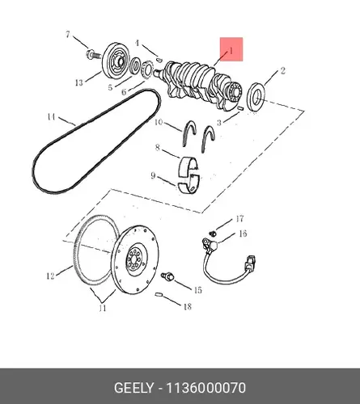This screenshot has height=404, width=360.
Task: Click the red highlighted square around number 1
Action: [231, 49]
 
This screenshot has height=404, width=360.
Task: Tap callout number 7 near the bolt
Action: [68, 35]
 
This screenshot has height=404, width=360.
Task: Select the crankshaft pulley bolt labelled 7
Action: [94, 55]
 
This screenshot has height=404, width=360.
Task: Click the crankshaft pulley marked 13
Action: [114, 61]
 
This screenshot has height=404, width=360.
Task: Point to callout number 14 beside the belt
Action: [51, 117]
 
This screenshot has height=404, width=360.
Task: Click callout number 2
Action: [282, 71]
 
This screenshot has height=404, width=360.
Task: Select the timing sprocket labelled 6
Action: [146, 69]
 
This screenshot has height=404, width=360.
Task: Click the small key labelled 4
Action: [159, 59]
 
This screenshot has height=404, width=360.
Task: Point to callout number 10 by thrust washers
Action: [159, 122]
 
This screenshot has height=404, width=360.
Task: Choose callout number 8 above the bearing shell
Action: [157, 148]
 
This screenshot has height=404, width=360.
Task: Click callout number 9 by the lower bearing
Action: [153, 176]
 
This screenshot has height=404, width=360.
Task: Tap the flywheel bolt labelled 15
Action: [167, 276]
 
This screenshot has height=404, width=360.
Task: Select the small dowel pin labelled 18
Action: [159, 295]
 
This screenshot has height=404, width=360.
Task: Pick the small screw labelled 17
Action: [213, 234]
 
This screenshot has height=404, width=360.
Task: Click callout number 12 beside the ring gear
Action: [50, 276]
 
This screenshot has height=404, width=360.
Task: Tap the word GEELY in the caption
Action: [133, 388]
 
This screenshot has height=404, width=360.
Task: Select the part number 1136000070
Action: [205, 388]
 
